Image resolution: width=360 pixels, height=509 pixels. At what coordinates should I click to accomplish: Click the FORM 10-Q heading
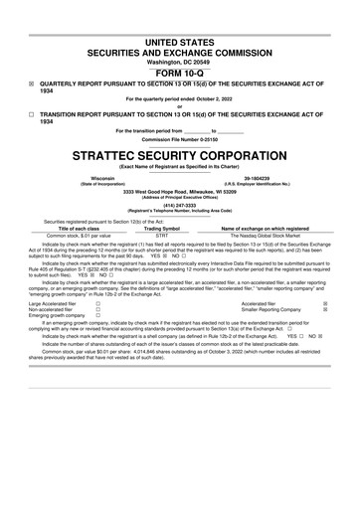click(180, 74)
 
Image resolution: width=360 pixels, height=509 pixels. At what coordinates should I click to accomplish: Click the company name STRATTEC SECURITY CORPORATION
click(180, 156)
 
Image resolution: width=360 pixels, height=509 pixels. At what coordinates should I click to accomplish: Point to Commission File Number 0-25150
click(180, 140)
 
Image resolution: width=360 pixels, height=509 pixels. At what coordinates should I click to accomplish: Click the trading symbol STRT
click(162, 235)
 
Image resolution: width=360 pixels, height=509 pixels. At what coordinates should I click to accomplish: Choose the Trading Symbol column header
click(162, 228)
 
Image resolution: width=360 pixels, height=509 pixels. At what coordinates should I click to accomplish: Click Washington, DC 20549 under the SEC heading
click(180, 62)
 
